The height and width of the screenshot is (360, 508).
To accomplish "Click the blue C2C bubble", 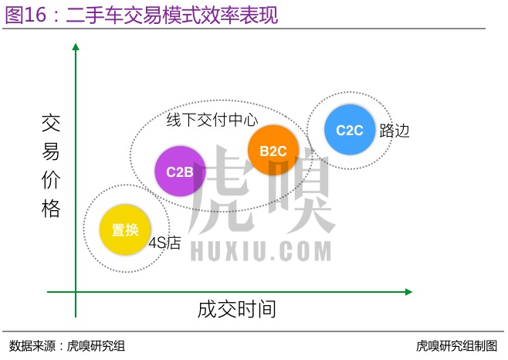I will tap(349, 130).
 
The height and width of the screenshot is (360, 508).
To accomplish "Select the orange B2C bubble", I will tap(273, 151).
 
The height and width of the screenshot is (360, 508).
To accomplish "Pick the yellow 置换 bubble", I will tap(124, 230).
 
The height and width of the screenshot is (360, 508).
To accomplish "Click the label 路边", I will tap(395, 131).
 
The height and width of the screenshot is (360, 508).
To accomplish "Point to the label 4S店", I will tap(164, 243).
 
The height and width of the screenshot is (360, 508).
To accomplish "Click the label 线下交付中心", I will tap(212, 120).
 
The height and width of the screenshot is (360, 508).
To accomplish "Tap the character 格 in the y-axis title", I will tap(50, 208).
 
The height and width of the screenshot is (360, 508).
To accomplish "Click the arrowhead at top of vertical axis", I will tap(76, 48).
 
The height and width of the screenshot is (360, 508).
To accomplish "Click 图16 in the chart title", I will tap(24, 15).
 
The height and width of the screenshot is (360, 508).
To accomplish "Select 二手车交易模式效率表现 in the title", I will tap(171, 15).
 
